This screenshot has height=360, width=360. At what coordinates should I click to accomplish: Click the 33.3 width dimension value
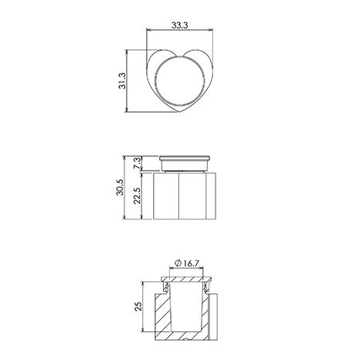[180, 25]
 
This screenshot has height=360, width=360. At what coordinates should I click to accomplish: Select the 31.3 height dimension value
[122, 81]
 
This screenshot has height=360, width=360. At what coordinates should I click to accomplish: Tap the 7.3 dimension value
[138, 163]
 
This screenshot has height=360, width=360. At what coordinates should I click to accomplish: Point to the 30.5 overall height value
[120, 187]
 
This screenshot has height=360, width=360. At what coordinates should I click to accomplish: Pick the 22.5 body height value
[138, 195]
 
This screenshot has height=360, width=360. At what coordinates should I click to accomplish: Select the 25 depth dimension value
[138, 307]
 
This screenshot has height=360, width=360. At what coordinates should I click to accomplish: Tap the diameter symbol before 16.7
[178, 263]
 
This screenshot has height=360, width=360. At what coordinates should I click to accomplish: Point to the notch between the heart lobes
[179, 56]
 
